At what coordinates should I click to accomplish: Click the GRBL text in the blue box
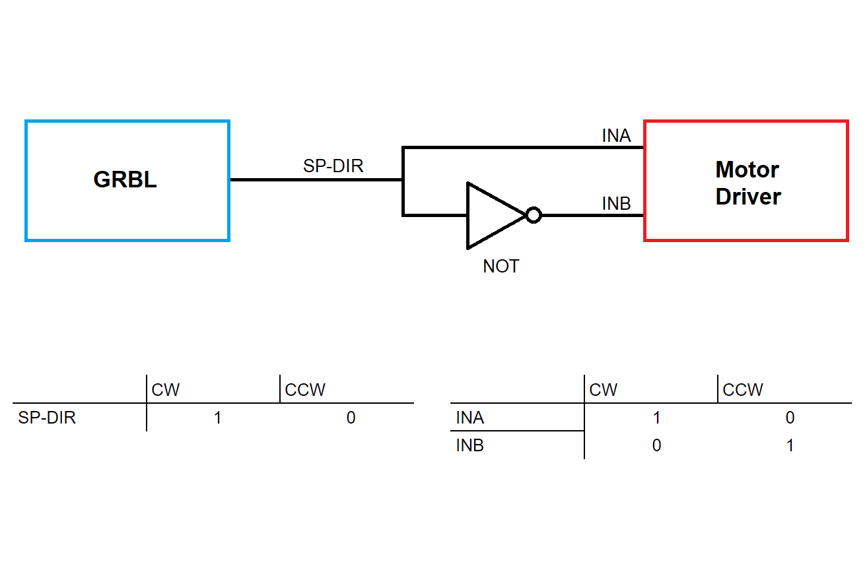tap(125, 180)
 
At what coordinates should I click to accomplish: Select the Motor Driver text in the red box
tap(747, 183)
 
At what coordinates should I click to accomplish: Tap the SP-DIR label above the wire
tap(333, 166)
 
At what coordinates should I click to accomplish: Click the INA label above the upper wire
tap(616, 136)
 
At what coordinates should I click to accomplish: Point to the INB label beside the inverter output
tap(616, 205)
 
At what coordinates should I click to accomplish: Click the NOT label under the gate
tap(501, 267)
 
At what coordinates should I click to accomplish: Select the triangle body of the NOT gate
tap(491, 216)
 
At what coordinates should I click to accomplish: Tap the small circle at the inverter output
tap(534, 216)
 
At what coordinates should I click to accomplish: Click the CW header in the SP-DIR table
tap(165, 390)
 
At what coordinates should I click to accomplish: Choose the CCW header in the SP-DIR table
tap(305, 390)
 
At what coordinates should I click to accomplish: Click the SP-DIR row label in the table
tap(47, 418)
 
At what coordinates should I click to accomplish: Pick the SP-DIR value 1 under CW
tap(218, 418)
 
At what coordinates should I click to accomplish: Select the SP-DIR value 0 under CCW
tap(351, 418)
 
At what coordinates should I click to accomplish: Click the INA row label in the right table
tap(469, 418)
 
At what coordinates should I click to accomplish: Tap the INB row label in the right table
tap(469, 446)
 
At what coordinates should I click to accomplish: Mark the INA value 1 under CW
tap(656, 418)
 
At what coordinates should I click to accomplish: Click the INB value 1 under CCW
tap(790, 446)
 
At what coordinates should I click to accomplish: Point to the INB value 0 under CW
tap(656, 446)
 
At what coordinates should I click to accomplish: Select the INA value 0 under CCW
tap(790, 418)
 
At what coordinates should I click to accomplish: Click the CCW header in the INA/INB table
tap(743, 390)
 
